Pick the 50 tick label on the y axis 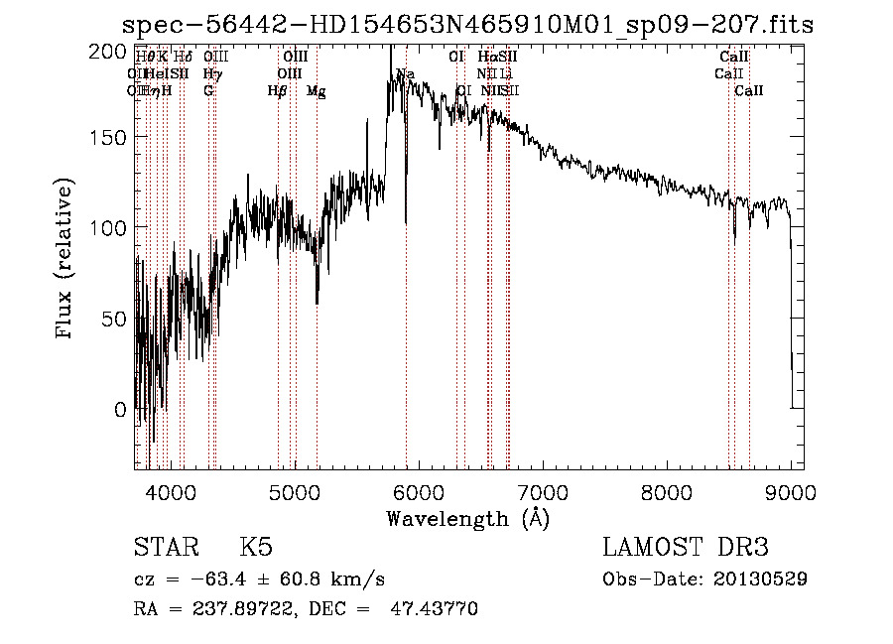click(x=117, y=319)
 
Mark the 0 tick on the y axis click(x=121, y=409)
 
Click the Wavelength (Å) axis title click(x=467, y=518)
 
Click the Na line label click(x=405, y=74)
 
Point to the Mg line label click(x=316, y=91)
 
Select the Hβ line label click(x=278, y=91)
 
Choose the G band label click(x=208, y=91)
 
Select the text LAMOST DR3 click(x=686, y=548)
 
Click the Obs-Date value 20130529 click(x=762, y=579)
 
